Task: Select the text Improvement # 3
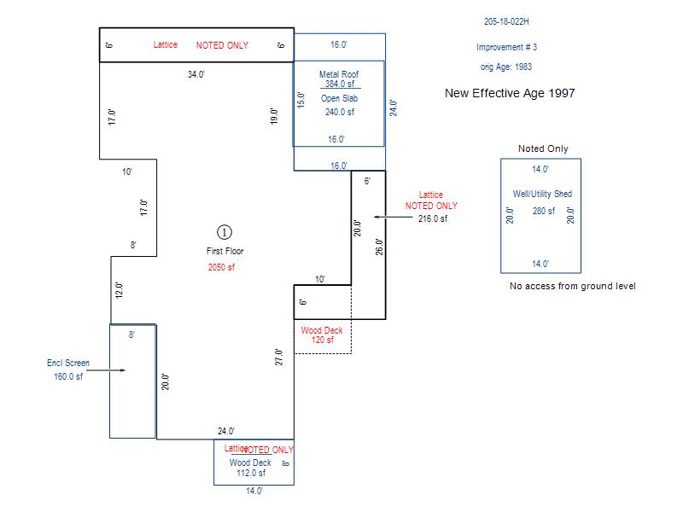point(507,48)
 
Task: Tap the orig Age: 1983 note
point(506,67)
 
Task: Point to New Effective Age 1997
point(510,93)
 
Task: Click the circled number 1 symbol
point(225,232)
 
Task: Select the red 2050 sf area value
point(221,267)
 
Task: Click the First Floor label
point(225,252)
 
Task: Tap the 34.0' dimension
point(196,75)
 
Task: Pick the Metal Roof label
point(338,74)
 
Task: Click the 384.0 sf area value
point(339,84)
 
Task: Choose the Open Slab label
point(339,99)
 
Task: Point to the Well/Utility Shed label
point(541,195)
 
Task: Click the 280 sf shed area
point(544,212)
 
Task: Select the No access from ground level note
point(572,286)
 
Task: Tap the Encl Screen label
point(68,364)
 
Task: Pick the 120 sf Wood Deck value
point(322,340)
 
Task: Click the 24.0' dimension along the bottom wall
point(225,432)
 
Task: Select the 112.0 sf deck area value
point(251,473)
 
